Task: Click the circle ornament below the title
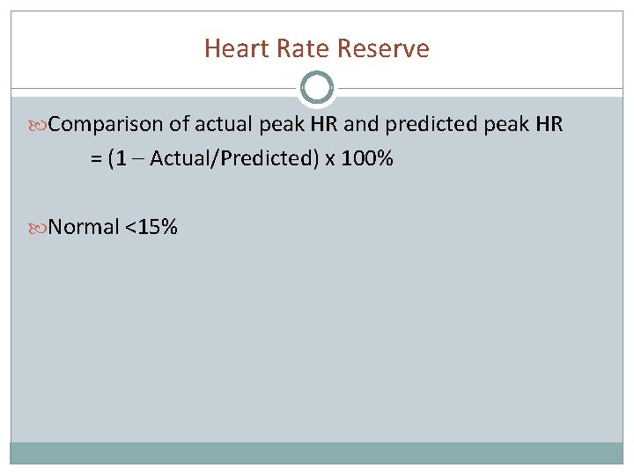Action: (x=317, y=88)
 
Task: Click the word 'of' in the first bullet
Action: (x=180, y=125)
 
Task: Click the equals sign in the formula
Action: (x=95, y=159)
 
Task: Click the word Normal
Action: (x=84, y=227)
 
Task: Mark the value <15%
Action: (x=151, y=227)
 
